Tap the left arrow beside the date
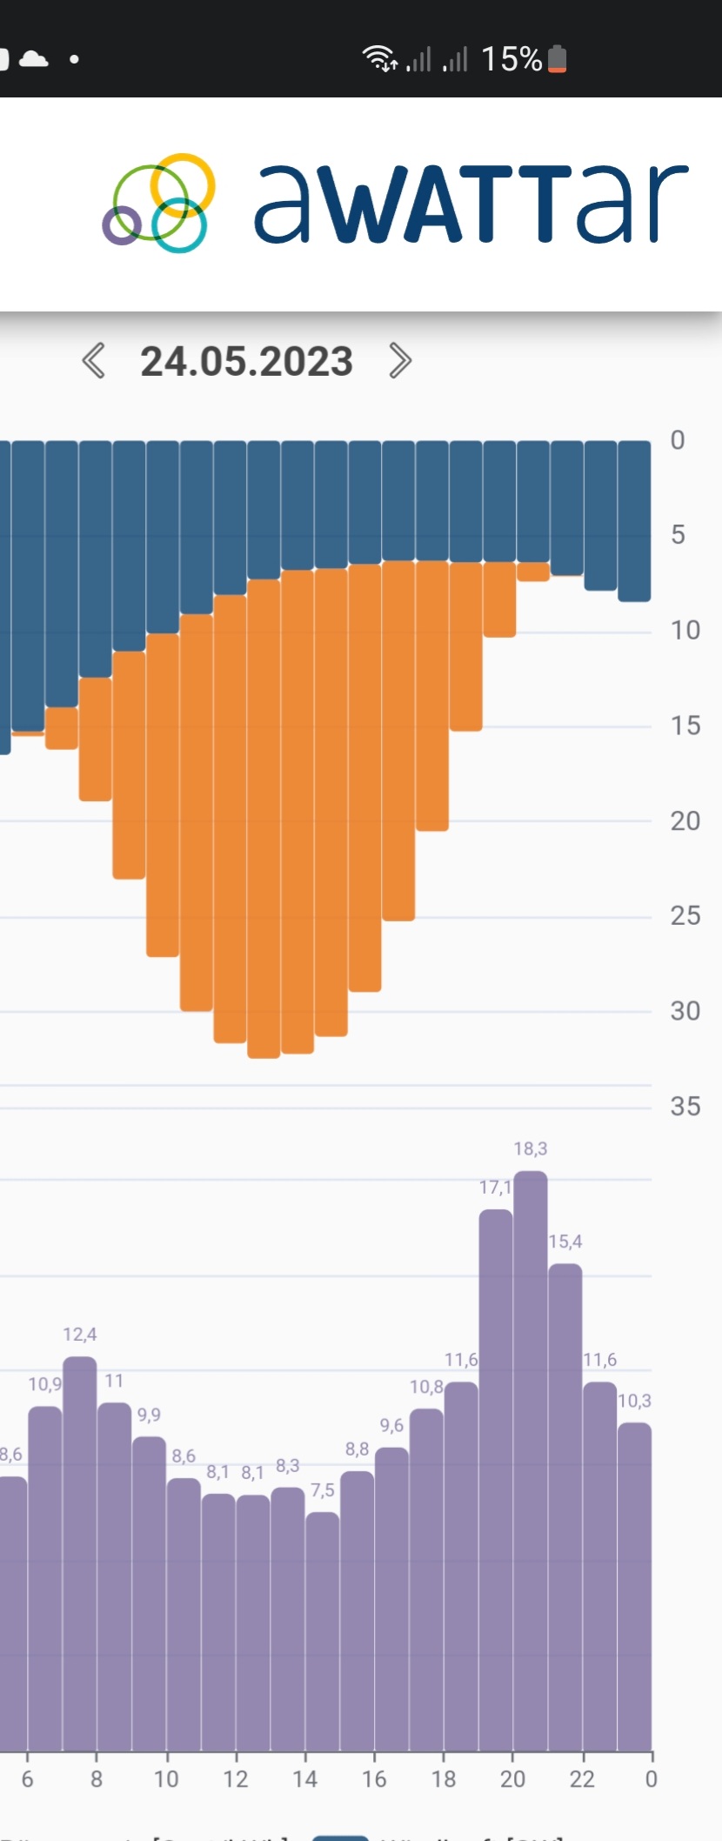pyautogui.click(x=94, y=360)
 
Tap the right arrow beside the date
pyautogui.click(x=399, y=360)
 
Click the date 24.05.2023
pyautogui.click(x=246, y=361)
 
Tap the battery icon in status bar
pyautogui.click(x=558, y=59)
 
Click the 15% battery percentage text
pyautogui.click(x=511, y=59)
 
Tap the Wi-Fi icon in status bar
pyautogui.click(x=379, y=58)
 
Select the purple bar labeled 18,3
pyautogui.click(x=531, y=1462)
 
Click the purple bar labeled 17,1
pyautogui.click(x=496, y=1479)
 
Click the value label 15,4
pyautogui.click(x=565, y=1242)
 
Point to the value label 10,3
pyautogui.click(x=634, y=1401)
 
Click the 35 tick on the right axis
pyautogui.click(x=685, y=1106)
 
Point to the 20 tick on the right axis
pyautogui.click(x=685, y=820)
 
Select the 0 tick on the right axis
pyautogui.click(x=678, y=440)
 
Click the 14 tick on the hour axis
pyautogui.click(x=304, y=1779)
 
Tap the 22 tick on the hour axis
pyautogui.click(x=582, y=1779)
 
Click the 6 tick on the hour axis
pyautogui.click(x=27, y=1779)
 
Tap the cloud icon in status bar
pyautogui.click(x=34, y=59)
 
